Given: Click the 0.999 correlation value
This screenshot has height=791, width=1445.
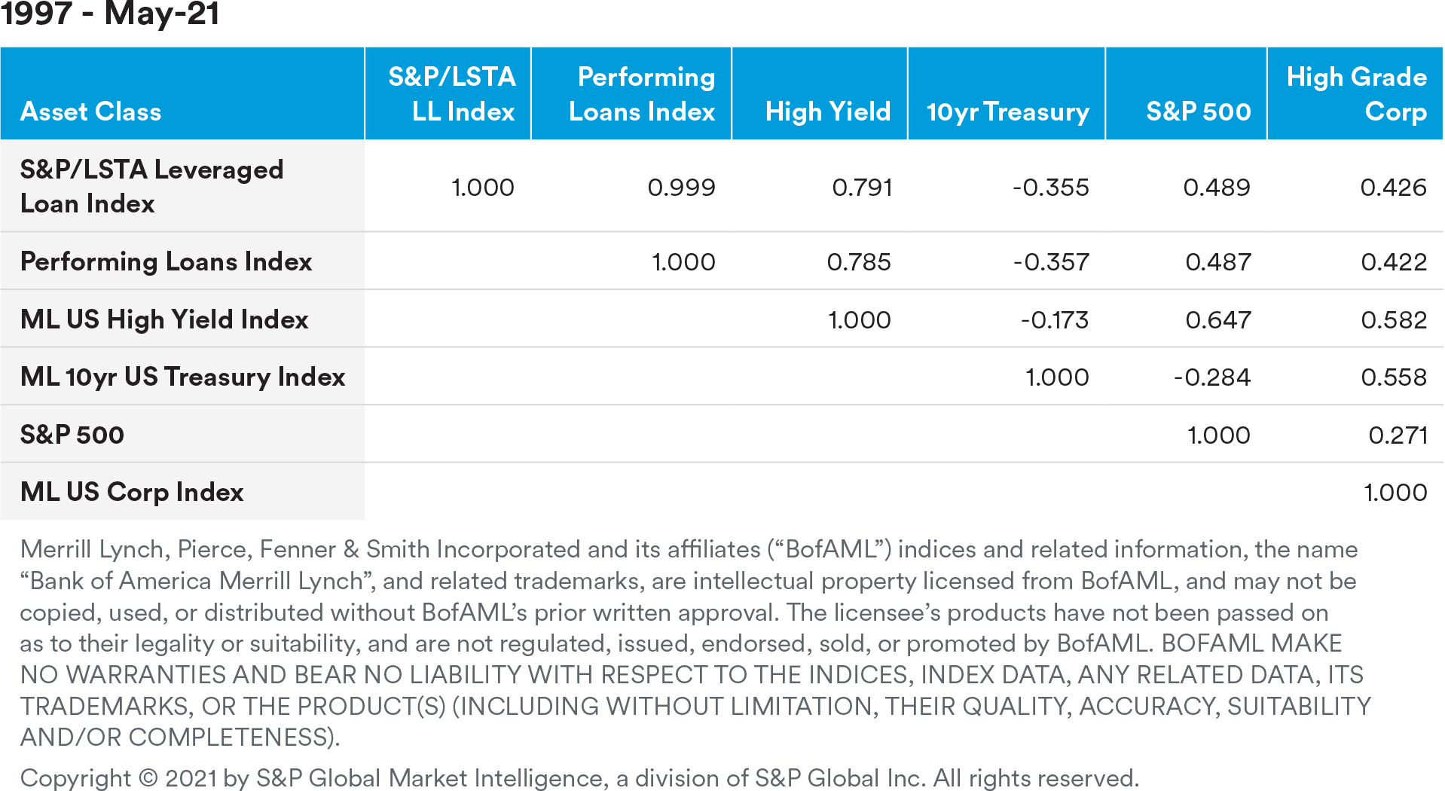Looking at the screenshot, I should (x=681, y=187).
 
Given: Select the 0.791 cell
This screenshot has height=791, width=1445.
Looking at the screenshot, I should (x=862, y=187).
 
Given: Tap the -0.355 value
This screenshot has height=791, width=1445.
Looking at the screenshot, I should (x=1050, y=187).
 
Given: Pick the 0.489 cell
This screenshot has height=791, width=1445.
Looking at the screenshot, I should (x=1217, y=187).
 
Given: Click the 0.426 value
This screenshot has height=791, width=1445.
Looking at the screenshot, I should (x=1393, y=187).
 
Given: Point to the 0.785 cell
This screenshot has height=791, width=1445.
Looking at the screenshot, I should (x=859, y=261).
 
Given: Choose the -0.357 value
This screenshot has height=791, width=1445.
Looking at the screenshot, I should (x=1051, y=261).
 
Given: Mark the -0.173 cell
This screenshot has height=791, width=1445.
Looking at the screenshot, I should (x=1054, y=319).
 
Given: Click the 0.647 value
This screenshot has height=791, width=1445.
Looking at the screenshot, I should (x=1218, y=319).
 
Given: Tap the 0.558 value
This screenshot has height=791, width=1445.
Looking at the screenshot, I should (x=1394, y=377).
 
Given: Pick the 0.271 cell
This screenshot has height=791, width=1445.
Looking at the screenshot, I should (x=1398, y=435).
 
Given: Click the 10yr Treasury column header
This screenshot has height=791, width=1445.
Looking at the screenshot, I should (x=1007, y=111).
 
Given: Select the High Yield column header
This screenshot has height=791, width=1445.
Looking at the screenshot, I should (x=828, y=111).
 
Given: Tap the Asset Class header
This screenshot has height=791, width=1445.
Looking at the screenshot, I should (x=90, y=111).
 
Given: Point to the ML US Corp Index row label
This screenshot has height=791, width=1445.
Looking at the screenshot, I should (x=132, y=492).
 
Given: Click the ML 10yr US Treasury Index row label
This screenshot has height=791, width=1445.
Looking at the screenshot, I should (x=182, y=377).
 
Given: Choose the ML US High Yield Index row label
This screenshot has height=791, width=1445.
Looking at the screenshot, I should (x=164, y=319).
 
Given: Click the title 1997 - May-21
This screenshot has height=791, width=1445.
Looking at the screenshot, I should (x=110, y=14).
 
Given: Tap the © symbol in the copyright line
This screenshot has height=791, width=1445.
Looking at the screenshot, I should (x=148, y=777).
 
